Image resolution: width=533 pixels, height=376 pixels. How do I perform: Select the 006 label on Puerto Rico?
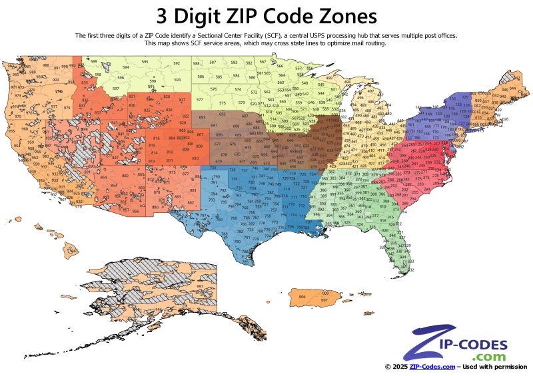(x=302, y=297)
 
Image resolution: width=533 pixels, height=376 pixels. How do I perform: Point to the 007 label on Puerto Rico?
(x=324, y=301)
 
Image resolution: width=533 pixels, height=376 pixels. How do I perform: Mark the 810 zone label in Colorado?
(x=195, y=158)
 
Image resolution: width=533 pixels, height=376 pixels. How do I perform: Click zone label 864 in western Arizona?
(x=103, y=177)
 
